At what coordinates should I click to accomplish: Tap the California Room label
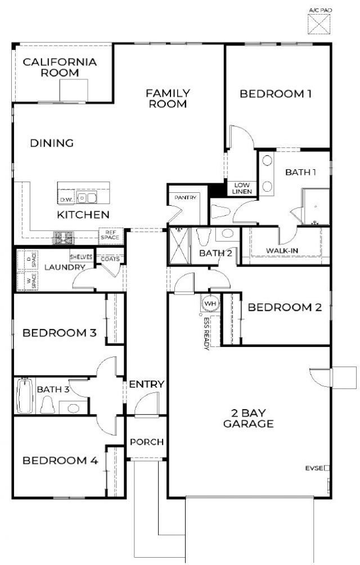coord(60,67)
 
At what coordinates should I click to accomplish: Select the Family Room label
coord(168,98)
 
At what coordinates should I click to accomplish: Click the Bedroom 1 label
coord(276,94)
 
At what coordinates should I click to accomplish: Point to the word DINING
coord(52,143)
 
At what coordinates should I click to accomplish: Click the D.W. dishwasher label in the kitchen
coord(66,200)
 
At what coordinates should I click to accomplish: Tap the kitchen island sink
coord(87,197)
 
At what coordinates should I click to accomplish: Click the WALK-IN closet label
coord(282,250)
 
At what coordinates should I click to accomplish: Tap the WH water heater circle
coord(210,303)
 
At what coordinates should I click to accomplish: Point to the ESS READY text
coord(206,333)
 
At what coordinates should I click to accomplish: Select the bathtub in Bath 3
coord(24,396)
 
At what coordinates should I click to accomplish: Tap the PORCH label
coord(146,442)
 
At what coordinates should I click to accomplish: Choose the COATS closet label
coord(110,259)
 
